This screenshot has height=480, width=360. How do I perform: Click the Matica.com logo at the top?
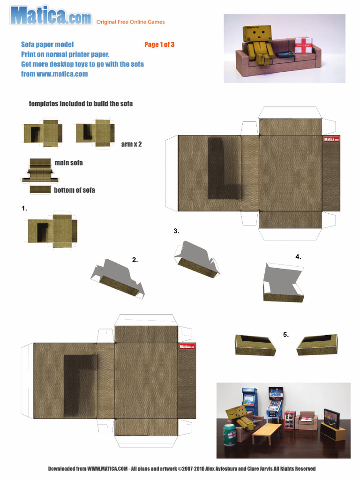(x=51, y=16)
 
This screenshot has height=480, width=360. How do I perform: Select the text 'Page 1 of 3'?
(x=159, y=45)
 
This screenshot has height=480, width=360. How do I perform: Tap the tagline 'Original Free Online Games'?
(x=130, y=22)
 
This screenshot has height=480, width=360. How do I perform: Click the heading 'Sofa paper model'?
(x=47, y=45)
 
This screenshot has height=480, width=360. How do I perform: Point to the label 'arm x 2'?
(x=131, y=144)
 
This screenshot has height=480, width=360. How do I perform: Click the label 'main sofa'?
(x=68, y=163)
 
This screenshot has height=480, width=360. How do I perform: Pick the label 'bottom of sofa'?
(x=74, y=190)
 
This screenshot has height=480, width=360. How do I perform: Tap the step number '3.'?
(x=176, y=231)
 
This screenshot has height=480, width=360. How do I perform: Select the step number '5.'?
(x=286, y=334)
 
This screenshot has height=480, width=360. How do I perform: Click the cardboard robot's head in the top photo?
(x=253, y=34)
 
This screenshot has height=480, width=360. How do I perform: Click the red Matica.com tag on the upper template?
(x=331, y=139)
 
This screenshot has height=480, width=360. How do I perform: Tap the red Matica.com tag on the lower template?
(x=187, y=346)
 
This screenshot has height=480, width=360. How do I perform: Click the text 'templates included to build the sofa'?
(x=81, y=104)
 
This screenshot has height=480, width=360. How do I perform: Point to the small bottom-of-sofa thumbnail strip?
(x=40, y=189)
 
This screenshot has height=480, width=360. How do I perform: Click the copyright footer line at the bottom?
(x=182, y=468)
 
